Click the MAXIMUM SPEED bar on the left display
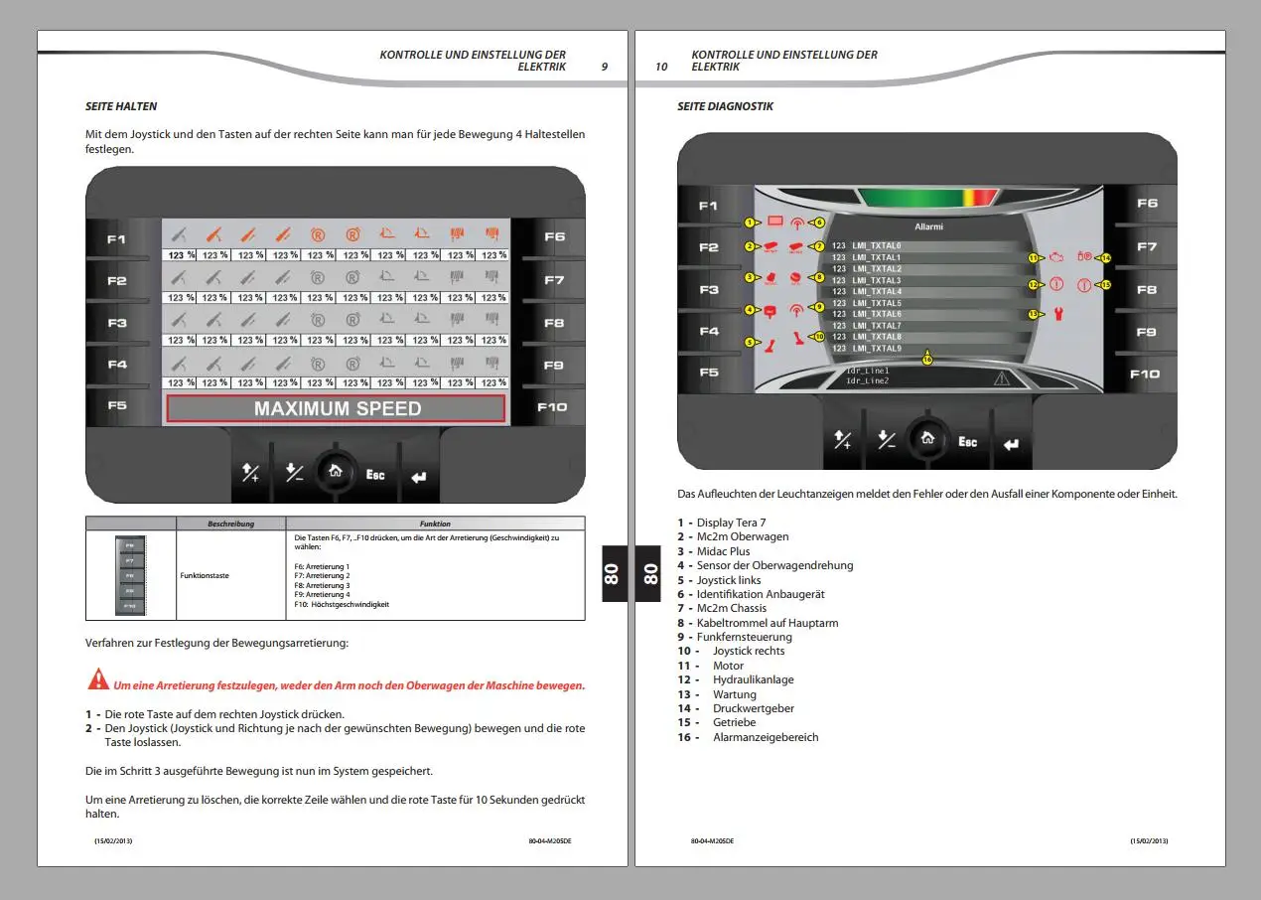pos(337,408)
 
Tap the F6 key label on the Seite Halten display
pos(554,237)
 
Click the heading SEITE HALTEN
pos(121,106)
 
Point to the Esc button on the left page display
pos(375,475)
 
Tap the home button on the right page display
pos(926,438)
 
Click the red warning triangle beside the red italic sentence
pos(98,680)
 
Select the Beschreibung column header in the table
pos(230,524)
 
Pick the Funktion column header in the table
pos(435,524)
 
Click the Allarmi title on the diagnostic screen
pos(928,227)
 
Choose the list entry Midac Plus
pos(723,551)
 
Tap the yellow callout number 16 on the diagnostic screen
pos(926,360)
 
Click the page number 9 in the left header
pos(605,68)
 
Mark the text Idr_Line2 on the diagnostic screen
pos(867,380)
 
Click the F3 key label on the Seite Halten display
pos(117,323)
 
